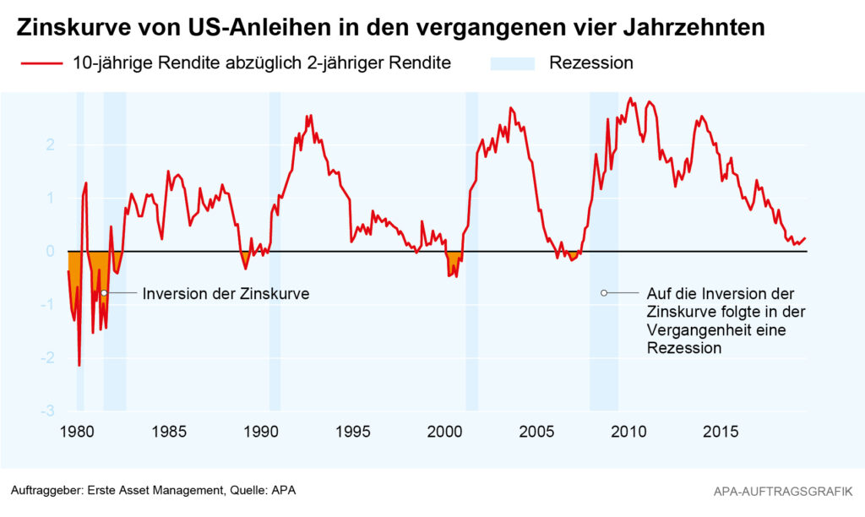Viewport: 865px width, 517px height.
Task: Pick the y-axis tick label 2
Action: (51, 144)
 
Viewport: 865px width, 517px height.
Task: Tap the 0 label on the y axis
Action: (51, 252)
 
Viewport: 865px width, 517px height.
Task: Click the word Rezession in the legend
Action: (590, 63)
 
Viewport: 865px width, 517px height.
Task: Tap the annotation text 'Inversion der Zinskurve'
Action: (226, 294)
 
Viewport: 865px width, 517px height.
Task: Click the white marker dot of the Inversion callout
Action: (104, 293)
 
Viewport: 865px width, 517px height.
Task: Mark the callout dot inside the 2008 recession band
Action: (604, 293)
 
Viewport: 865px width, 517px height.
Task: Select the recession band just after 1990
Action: (275, 338)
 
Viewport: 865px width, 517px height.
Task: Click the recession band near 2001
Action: (471, 338)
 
